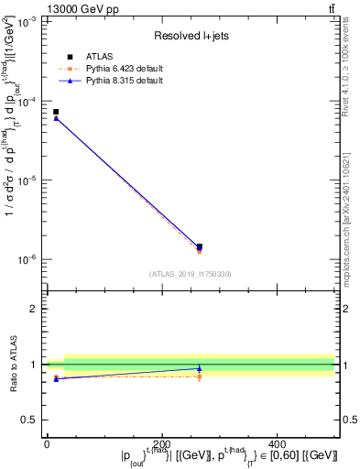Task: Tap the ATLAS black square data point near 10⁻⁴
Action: [56, 112]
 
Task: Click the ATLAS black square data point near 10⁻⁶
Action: [200, 246]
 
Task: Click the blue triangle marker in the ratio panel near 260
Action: [200, 368]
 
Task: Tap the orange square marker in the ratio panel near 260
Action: [200, 376]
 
